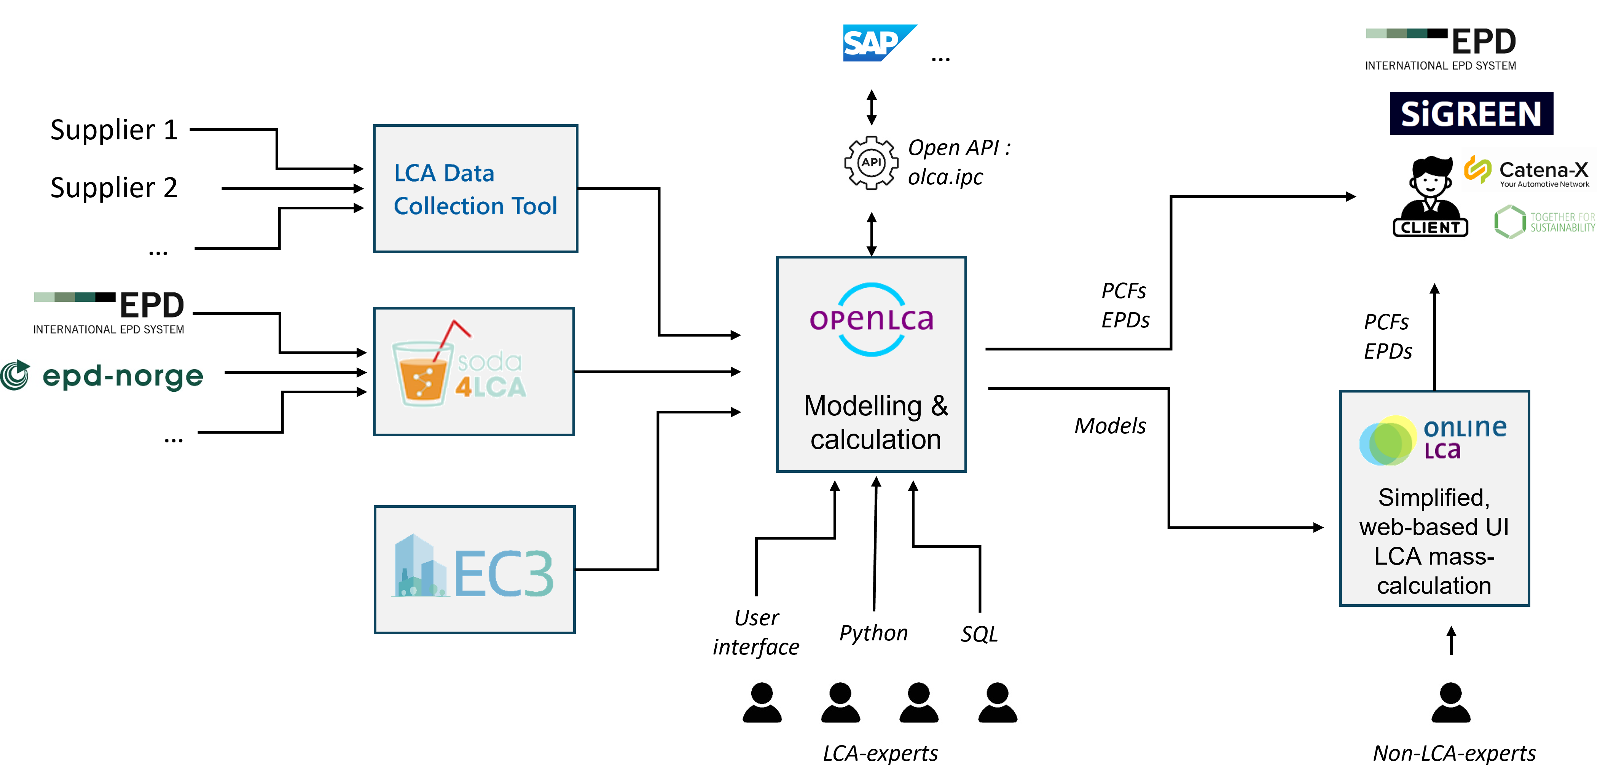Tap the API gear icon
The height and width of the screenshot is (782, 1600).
tap(871, 163)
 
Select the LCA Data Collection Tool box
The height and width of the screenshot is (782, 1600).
tap(475, 189)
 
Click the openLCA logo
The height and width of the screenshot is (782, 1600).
tap(871, 319)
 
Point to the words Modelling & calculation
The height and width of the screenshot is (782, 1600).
tap(875, 422)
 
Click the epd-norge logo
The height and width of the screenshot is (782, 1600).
tap(102, 376)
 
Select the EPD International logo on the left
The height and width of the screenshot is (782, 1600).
tap(109, 313)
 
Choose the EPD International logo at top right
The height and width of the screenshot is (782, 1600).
tap(1441, 49)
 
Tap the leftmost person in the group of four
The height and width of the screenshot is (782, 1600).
tap(762, 702)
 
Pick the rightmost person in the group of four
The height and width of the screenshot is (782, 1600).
tap(998, 702)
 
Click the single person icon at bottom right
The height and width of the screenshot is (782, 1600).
tap(1450, 702)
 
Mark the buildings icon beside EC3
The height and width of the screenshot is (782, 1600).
tap(420, 567)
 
